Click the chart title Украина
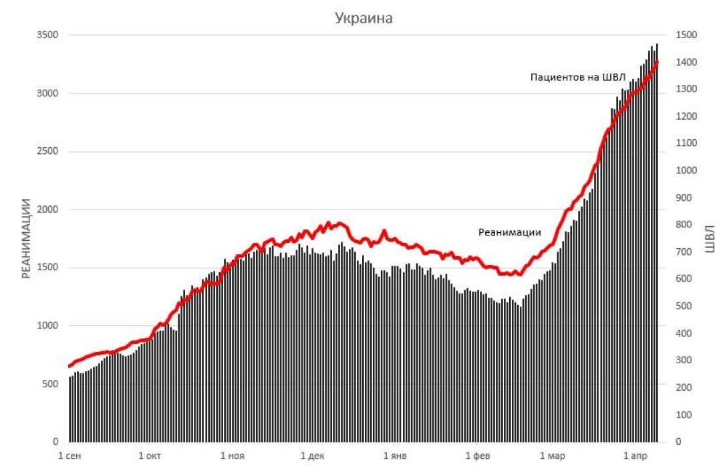point(363,18)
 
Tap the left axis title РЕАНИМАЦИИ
point(26,238)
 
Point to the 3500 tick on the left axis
point(46,35)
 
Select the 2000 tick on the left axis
point(46,210)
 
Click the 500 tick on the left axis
point(49,384)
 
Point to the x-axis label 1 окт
point(150,456)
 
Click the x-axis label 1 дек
point(312,456)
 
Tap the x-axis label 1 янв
point(395,456)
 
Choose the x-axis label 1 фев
point(478,456)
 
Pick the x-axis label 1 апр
point(636,456)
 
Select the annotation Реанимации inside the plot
point(509,232)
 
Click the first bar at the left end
point(69,409)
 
